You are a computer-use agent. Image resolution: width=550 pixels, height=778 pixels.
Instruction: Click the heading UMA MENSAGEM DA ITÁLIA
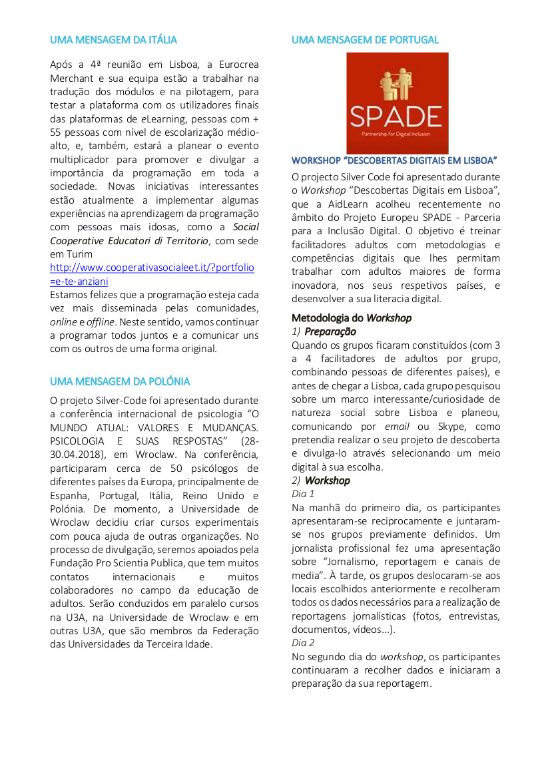tap(113, 40)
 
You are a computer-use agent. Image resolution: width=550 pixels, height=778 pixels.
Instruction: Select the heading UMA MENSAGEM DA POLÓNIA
tap(120, 381)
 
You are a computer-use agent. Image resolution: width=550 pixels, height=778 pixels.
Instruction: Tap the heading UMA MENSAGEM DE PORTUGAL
tap(365, 40)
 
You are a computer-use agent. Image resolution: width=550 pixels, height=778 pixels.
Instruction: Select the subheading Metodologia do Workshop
tap(352, 317)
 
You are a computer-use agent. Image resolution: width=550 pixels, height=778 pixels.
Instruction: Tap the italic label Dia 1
tap(303, 494)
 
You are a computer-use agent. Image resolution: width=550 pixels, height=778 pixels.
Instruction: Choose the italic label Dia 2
tap(303, 643)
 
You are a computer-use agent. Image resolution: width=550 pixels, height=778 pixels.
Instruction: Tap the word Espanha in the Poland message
tap(70, 496)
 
